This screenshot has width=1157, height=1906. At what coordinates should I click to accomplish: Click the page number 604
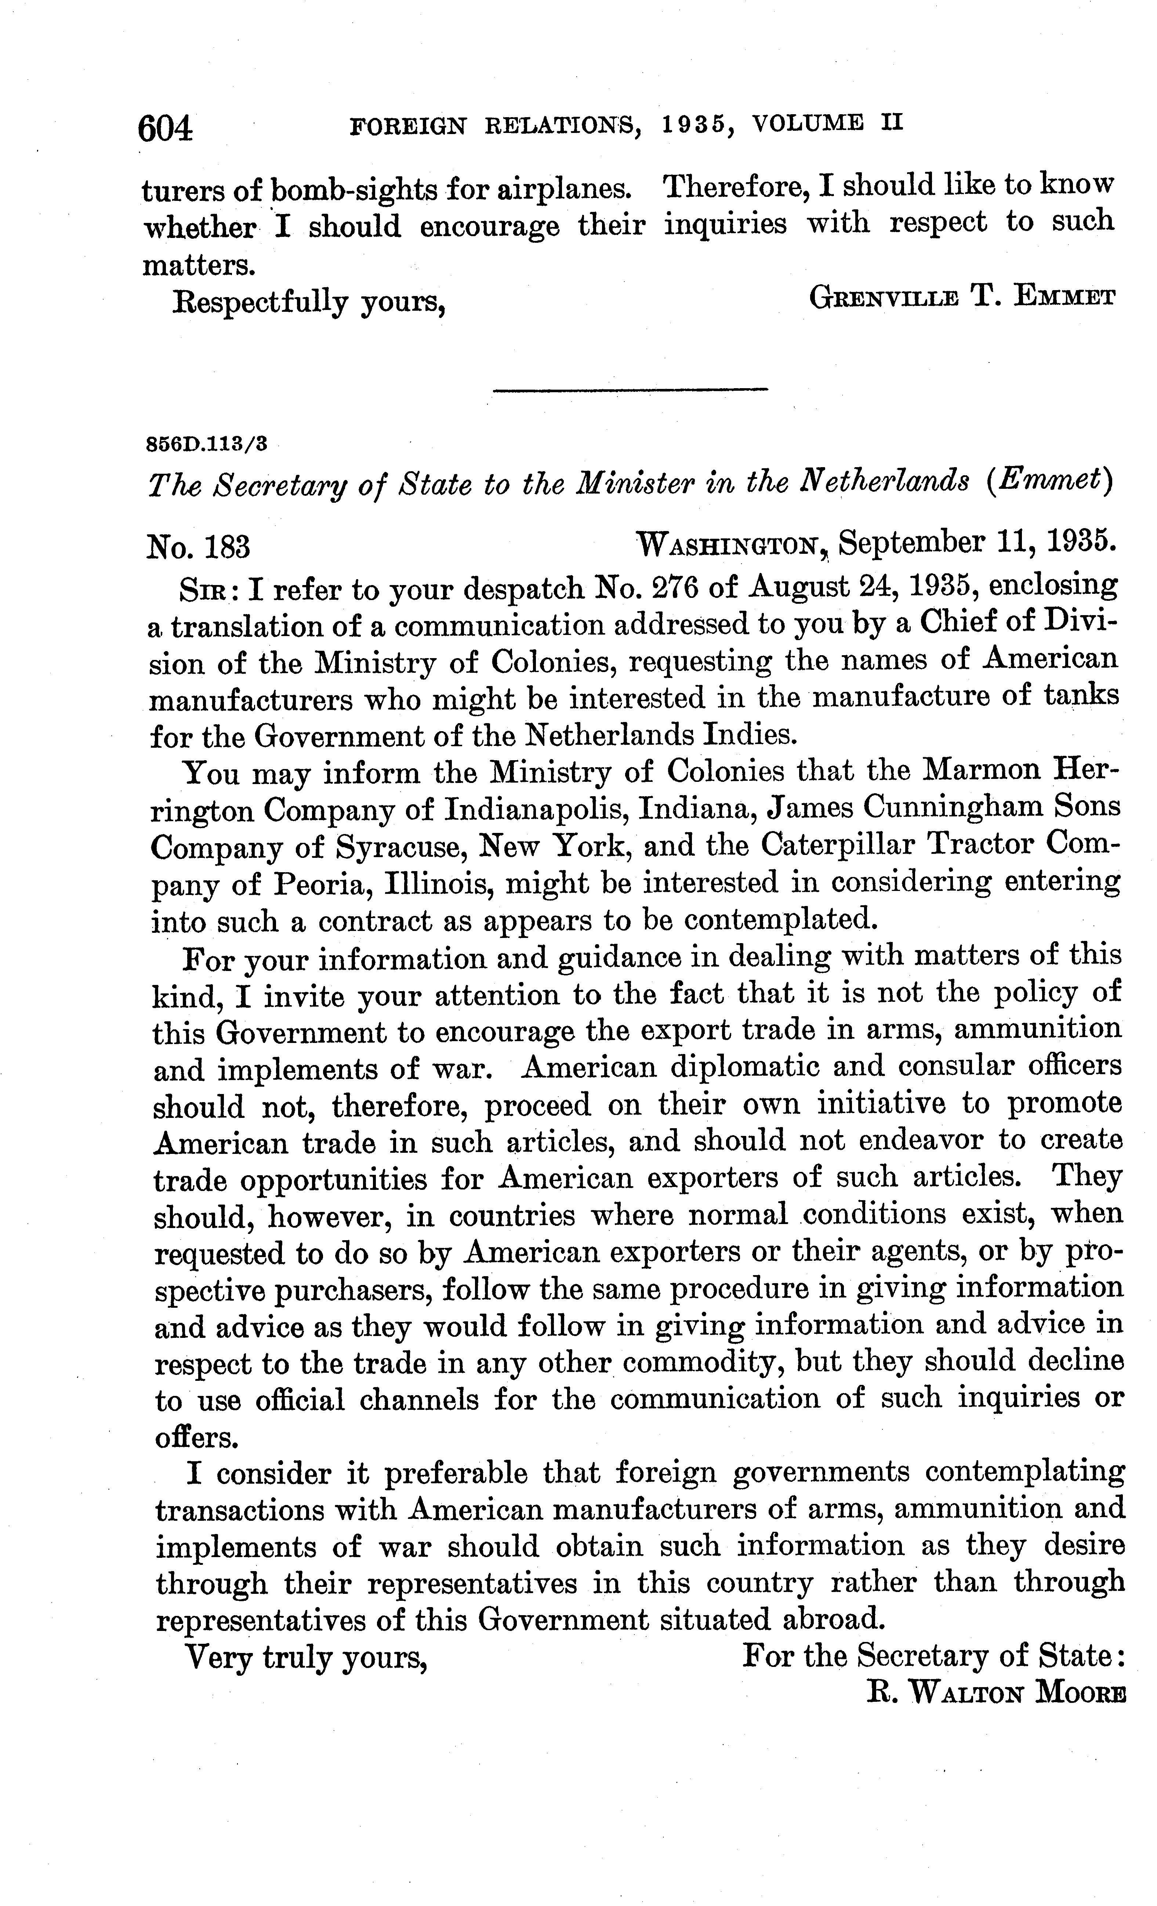point(165,128)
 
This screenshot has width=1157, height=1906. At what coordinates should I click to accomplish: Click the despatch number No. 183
point(198,548)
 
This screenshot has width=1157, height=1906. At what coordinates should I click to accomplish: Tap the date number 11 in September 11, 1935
point(1013,543)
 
